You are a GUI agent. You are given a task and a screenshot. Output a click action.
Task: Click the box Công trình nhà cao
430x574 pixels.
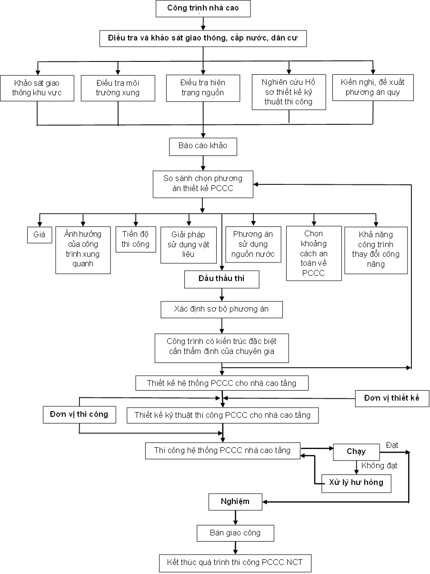click(x=203, y=9)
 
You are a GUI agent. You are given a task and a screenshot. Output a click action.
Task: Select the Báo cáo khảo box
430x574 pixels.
click(x=203, y=147)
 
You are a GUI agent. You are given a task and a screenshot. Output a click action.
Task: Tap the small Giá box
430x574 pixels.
click(x=40, y=235)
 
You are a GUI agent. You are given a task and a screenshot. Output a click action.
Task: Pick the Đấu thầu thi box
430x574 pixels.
click(x=221, y=279)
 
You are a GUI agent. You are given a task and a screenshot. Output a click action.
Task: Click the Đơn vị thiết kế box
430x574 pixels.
click(x=392, y=399)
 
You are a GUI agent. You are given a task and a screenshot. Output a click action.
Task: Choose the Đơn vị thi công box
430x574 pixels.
click(x=79, y=414)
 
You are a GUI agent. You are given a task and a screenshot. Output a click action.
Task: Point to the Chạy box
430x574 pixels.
click(x=356, y=452)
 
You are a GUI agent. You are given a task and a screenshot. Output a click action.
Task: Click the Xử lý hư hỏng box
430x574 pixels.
click(x=356, y=483)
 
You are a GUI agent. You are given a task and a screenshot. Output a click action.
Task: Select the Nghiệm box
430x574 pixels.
click(x=235, y=502)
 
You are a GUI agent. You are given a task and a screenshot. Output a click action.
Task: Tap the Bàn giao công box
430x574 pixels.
click(x=235, y=533)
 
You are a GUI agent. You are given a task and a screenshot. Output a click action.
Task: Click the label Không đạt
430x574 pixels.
click(x=379, y=465)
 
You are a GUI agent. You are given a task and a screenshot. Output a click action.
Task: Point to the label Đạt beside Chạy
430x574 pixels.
click(x=392, y=445)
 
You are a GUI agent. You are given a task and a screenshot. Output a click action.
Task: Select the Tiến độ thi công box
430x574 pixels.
click(x=136, y=239)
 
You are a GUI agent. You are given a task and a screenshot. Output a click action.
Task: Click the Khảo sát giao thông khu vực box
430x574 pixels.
click(x=37, y=88)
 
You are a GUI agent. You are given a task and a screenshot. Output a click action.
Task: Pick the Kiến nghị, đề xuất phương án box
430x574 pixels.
click(x=373, y=88)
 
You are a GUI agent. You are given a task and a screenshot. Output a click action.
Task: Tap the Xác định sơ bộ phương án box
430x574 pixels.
click(x=221, y=309)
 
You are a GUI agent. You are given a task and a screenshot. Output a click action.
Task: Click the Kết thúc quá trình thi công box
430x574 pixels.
click(x=235, y=563)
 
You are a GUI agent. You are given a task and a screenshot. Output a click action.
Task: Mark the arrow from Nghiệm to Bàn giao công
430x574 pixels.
click(x=236, y=517)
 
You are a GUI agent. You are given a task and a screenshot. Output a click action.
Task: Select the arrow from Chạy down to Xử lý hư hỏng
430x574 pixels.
click(x=356, y=468)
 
